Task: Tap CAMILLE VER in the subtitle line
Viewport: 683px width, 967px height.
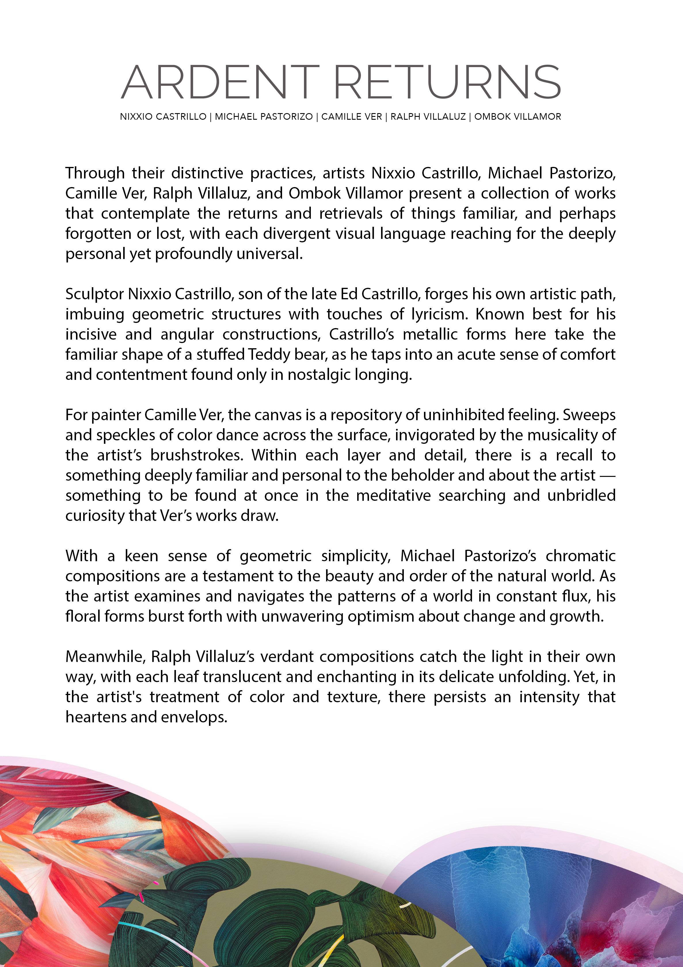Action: click(352, 117)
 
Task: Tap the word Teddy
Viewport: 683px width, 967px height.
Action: click(267, 355)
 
